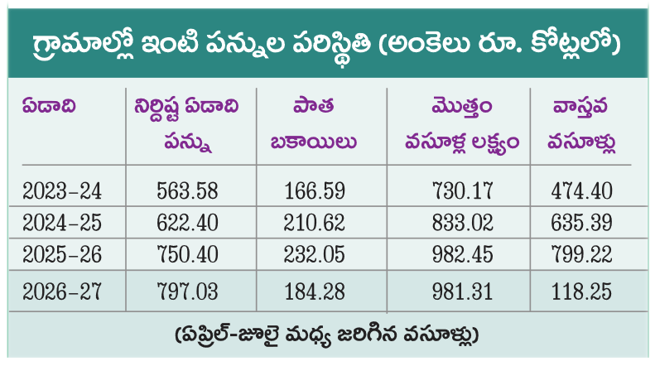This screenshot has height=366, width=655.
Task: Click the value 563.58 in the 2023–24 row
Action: [x=188, y=191]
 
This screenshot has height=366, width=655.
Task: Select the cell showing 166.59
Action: [x=315, y=191]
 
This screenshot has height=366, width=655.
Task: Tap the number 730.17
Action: [x=462, y=191]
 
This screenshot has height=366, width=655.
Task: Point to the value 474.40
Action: [x=581, y=191]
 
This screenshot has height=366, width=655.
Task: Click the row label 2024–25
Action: [x=62, y=222]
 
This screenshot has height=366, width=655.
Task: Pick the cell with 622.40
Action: [x=188, y=222]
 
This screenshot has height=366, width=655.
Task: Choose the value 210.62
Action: [x=315, y=222]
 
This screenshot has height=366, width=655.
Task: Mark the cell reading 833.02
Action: [x=462, y=222]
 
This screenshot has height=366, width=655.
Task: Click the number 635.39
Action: [x=581, y=222]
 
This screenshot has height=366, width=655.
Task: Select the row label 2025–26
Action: [x=62, y=254]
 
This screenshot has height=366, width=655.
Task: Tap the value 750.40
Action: [x=188, y=254]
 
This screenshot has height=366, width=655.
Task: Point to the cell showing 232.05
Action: [x=315, y=254]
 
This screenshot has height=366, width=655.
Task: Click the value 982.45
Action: [x=462, y=254]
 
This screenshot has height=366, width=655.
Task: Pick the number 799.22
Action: [x=581, y=254]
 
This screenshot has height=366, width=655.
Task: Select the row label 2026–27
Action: [x=62, y=291]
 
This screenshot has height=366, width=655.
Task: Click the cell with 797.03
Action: [x=188, y=291]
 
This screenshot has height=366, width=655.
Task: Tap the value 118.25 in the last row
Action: [x=581, y=291]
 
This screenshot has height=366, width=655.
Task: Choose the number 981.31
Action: [x=462, y=291]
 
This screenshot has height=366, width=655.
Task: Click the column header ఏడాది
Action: [x=49, y=107]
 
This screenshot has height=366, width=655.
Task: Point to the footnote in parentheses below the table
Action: [x=327, y=335]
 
